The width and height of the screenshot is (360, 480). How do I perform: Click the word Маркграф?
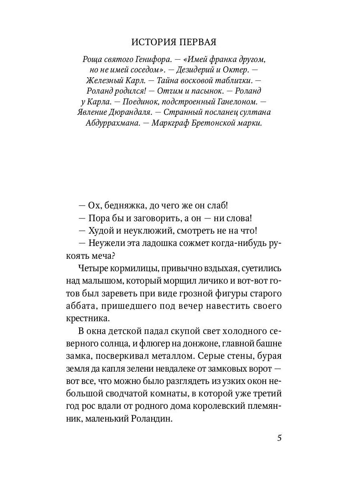tap(168, 123)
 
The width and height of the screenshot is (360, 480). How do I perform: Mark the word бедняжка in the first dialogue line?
tap(122, 206)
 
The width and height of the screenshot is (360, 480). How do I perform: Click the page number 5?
tap(279, 438)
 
